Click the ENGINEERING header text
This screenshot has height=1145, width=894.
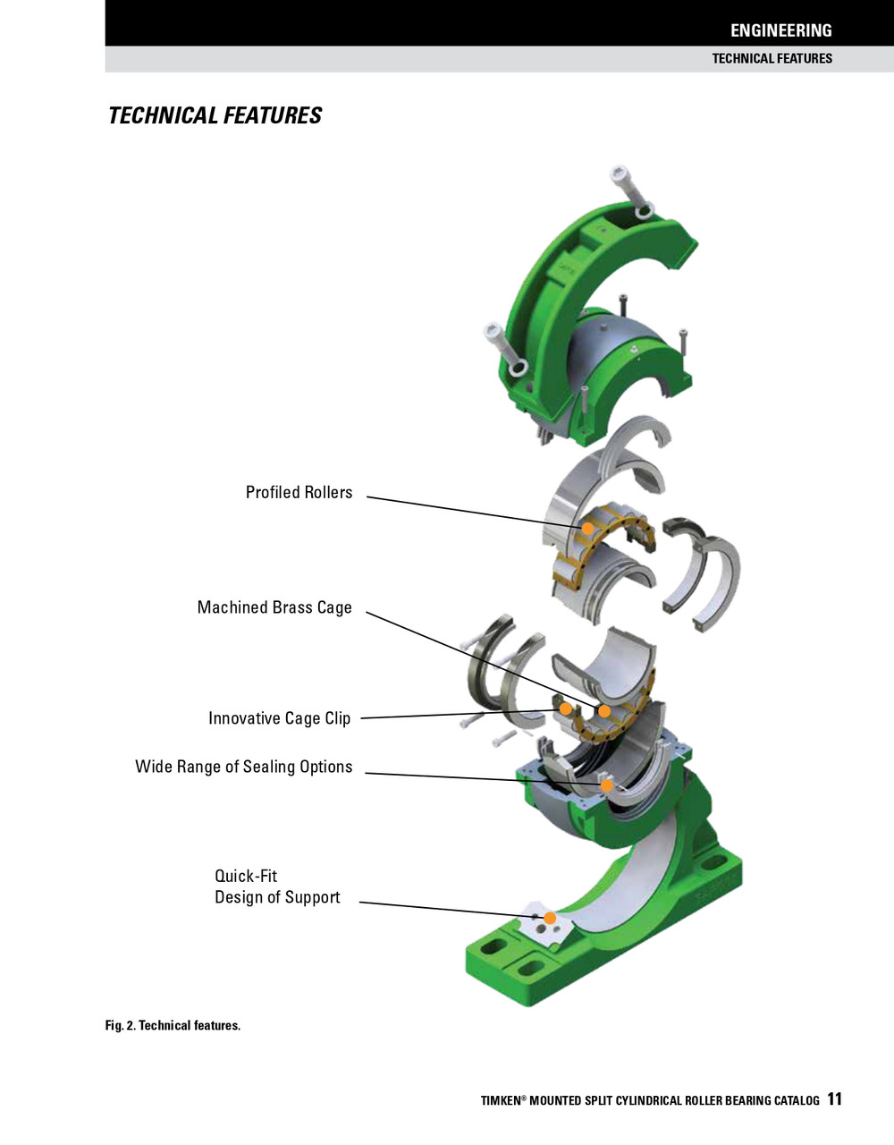(x=780, y=30)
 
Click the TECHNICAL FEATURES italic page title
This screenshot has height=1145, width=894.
(x=215, y=116)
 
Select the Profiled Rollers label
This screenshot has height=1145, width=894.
(x=299, y=493)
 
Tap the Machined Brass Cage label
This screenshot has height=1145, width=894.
(x=274, y=608)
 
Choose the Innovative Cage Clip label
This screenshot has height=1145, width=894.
(x=279, y=718)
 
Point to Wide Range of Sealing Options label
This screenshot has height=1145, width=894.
(x=243, y=767)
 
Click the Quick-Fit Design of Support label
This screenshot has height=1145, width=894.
(x=276, y=887)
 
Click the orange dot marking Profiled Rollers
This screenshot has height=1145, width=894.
(x=587, y=529)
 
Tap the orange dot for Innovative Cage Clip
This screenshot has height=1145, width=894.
(x=565, y=708)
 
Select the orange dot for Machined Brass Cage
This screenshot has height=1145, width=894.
(x=604, y=711)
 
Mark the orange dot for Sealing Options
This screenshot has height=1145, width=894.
(x=606, y=785)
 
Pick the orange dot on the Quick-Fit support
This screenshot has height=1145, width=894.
(x=551, y=918)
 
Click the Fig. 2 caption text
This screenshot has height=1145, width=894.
(x=173, y=1026)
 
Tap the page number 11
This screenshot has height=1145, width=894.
(x=834, y=1099)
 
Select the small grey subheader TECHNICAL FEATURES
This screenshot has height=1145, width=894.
(x=772, y=59)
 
